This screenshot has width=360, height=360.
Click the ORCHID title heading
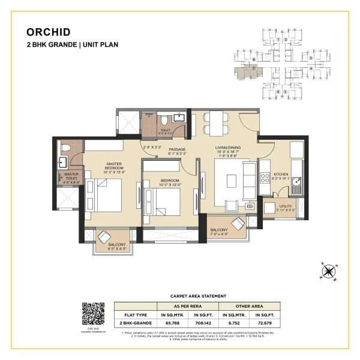click(x=49, y=32)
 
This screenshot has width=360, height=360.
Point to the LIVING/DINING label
click(x=227, y=146)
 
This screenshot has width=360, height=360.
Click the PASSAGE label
click(x=176, y=149)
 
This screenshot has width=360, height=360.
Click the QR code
click(x=91, y=313)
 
